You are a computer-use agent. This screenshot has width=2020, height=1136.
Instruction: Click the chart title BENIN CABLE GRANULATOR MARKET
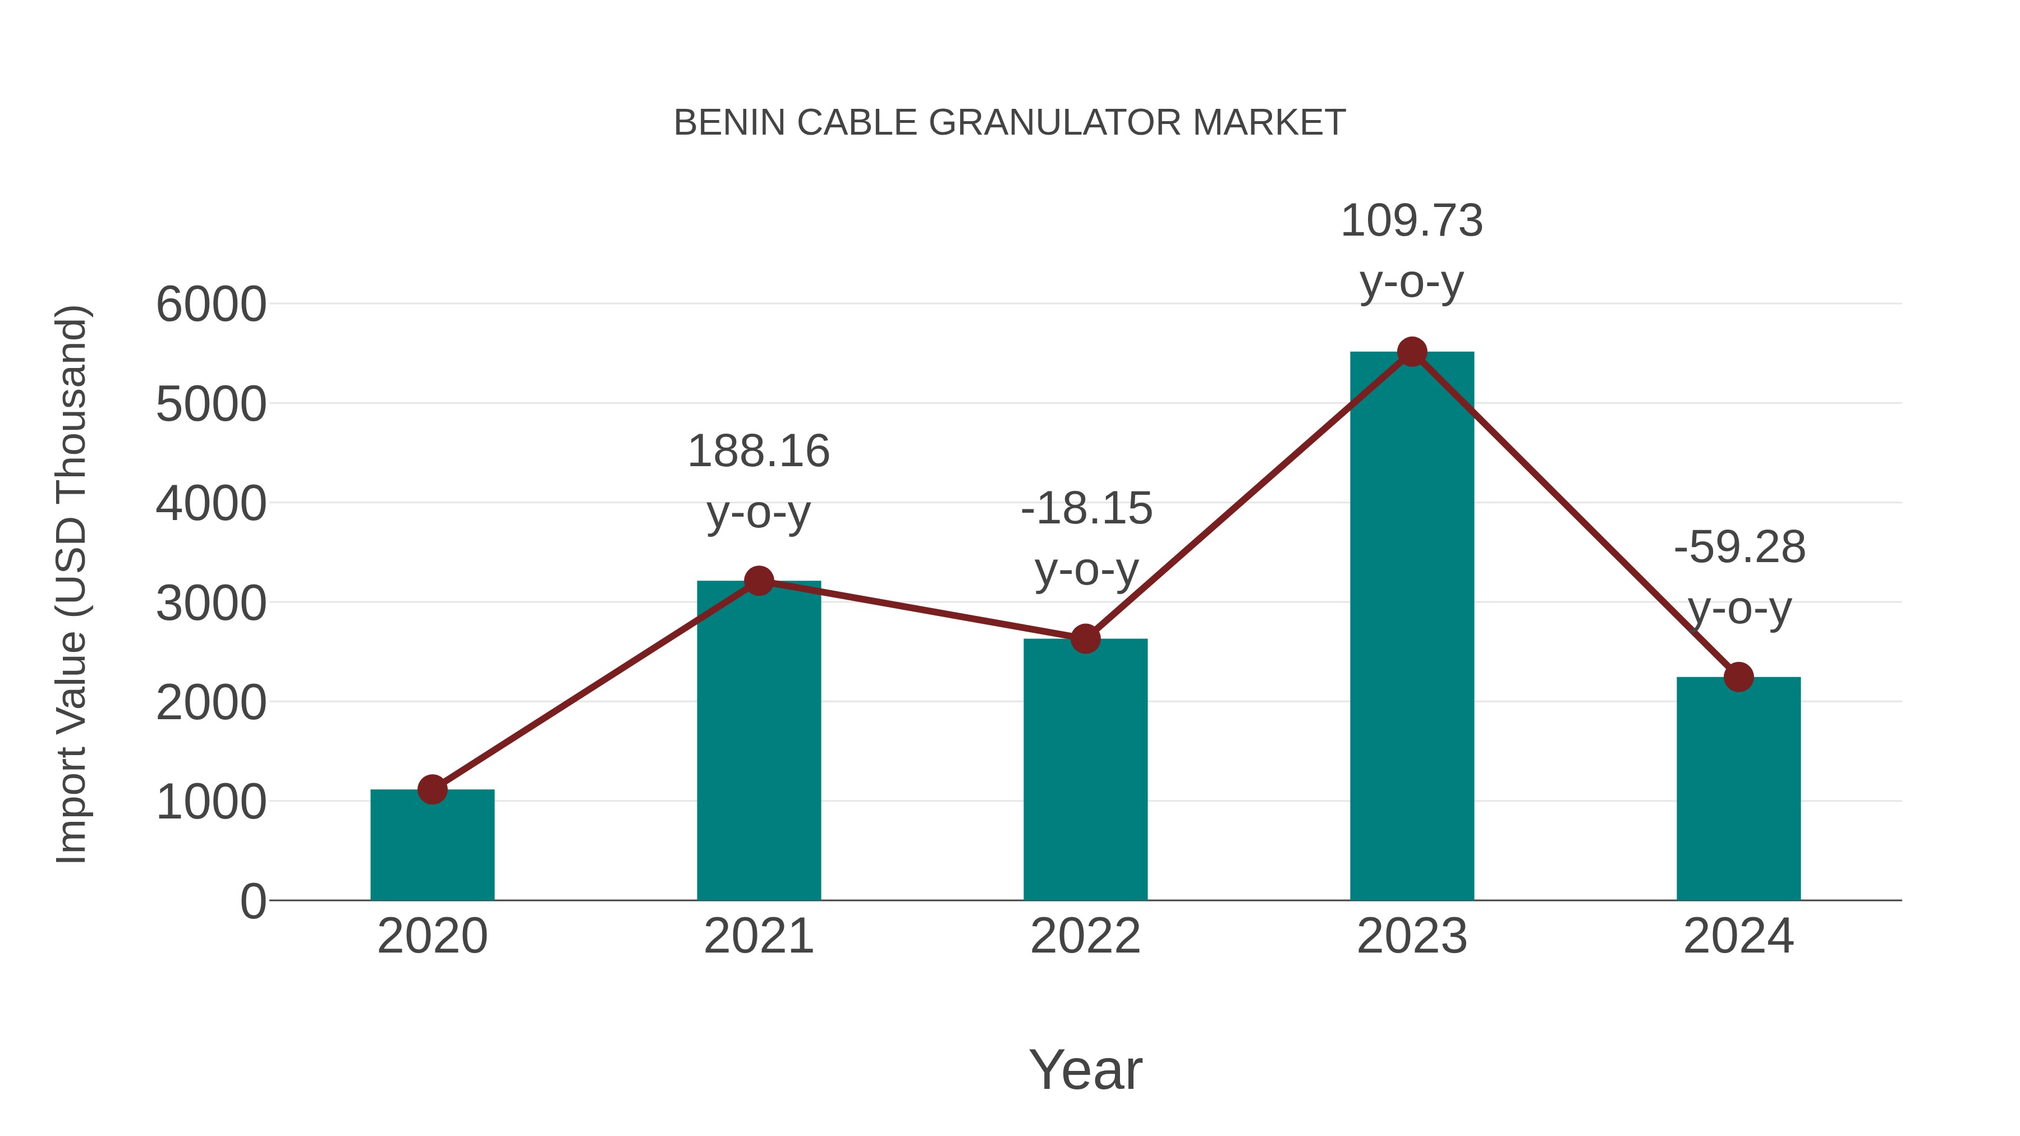(1009, 123)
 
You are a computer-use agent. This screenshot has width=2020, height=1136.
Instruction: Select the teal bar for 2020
(432, 847)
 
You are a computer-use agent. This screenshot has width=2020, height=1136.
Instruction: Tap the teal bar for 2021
(758, 745)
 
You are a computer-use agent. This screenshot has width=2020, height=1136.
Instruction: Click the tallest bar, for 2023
(1412, 627)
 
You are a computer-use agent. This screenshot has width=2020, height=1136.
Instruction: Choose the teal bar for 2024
(1738, 792)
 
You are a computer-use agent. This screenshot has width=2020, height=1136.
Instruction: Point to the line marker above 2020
(432, 789)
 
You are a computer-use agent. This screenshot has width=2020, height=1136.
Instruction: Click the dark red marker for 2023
(1412, 352)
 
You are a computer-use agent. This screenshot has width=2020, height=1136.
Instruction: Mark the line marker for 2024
(1738, 677)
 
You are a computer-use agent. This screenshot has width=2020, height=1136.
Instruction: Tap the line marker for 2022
(1085, 639)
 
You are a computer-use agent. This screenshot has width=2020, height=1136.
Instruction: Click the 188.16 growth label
(758, 452)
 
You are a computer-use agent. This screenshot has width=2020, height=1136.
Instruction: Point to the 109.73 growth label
(1412, 221)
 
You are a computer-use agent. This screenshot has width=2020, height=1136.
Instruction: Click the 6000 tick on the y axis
(211, 305)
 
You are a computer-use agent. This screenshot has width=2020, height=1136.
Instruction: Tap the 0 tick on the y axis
(252, 902)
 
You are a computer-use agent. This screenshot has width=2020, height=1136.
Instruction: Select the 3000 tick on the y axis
(211, 604)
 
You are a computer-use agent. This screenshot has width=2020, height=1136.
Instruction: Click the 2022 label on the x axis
(1085, 937)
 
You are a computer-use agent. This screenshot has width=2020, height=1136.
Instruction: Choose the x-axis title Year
(1085, 1070)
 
